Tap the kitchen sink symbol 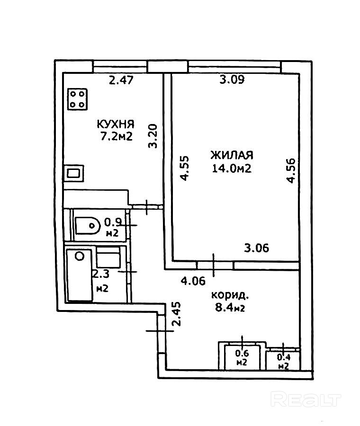74,173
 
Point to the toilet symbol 87,225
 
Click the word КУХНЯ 116,124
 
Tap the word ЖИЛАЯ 232,155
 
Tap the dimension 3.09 232,80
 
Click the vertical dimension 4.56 291,170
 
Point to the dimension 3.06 256,248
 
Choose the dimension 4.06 193,281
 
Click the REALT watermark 306,400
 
